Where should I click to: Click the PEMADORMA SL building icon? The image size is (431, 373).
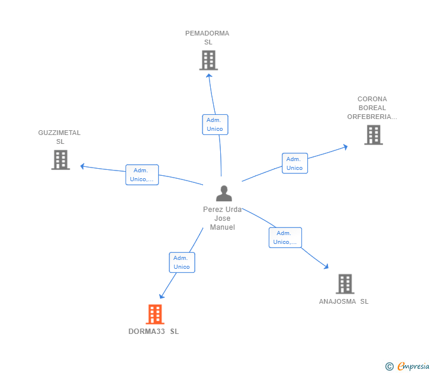point(208,60)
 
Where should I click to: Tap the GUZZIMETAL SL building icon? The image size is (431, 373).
point(61,160)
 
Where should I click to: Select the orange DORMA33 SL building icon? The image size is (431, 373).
point(155,314)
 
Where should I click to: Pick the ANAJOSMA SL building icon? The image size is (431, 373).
point(345,284)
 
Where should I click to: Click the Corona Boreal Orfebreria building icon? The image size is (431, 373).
point(374,134)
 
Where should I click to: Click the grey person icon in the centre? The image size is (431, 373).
point(224,193)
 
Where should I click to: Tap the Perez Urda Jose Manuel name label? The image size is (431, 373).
point(223,218)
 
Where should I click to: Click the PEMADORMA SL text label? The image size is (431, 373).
point(207,38)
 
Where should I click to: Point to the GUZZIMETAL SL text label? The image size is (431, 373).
point(59,137)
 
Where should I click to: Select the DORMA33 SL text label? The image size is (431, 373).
point(154,332)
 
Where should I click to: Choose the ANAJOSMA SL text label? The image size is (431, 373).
point(343,301)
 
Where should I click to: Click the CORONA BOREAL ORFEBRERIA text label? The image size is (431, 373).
point(372,108)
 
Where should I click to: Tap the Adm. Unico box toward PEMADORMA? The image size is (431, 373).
point(215,124)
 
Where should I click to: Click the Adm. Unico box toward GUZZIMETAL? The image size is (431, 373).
point(142,175)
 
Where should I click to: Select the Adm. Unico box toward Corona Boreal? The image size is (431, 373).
point(295,163)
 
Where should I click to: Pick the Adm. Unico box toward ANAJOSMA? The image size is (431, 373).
point(285,237)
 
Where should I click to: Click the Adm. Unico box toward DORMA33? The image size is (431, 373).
point(182,262)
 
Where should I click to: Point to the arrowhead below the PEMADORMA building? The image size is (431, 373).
point(209,76)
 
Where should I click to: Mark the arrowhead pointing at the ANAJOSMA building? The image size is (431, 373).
point(326,266)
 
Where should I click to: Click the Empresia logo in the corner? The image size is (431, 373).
point(407,366)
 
